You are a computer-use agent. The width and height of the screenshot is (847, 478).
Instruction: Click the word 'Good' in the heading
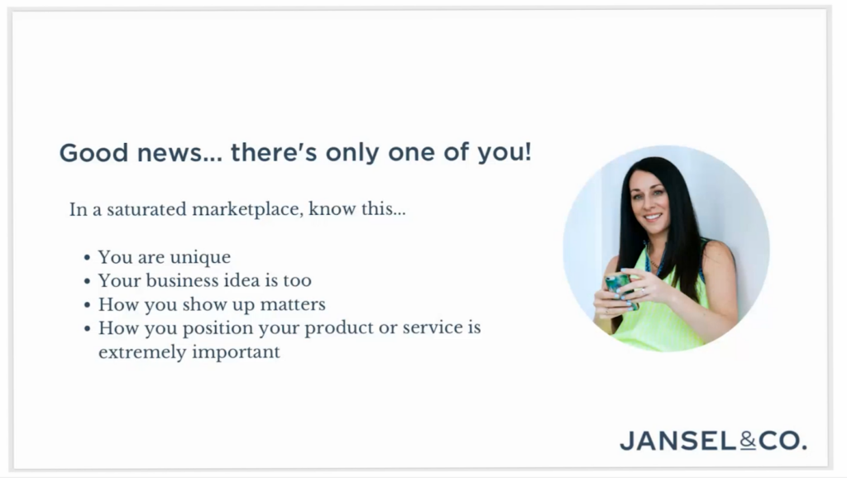click(x=93, y=153)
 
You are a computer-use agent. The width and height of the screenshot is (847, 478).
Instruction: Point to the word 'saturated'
click(x=146, y=209)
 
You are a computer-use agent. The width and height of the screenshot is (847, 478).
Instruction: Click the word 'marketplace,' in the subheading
click(x=247, y=209)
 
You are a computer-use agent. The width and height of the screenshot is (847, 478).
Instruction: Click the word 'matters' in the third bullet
click(x=293, y=304)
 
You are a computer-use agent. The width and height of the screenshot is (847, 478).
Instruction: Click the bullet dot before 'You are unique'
click(x=87, y=258)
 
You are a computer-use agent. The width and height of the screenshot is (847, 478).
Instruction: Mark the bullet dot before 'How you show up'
click(x=87, y=305)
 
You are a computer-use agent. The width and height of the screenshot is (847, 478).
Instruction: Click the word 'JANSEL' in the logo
click(x=677, y=441)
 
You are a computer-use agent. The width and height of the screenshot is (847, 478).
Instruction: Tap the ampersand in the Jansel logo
click(x=748, y=441)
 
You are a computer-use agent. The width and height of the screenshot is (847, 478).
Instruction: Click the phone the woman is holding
click(x=619, y=289)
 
